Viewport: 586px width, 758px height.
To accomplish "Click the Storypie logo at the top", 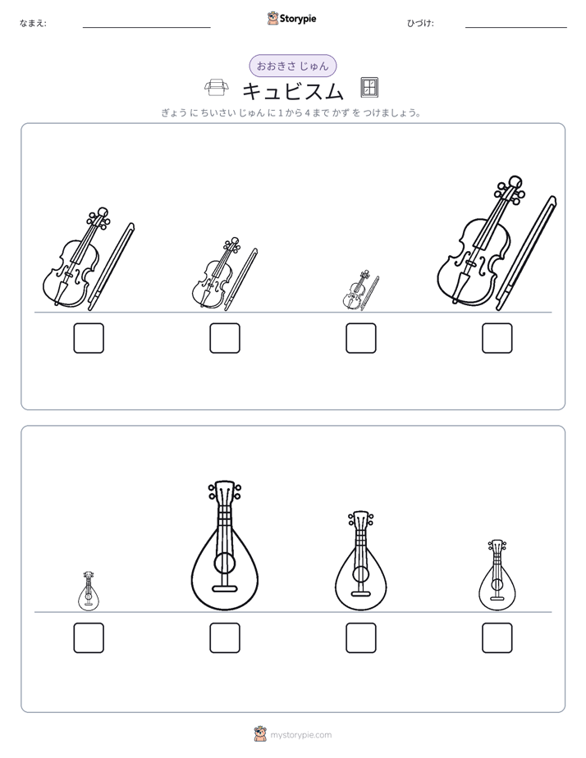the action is (x=291, y=18).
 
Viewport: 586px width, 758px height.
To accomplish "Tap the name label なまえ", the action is (x=33, y=23).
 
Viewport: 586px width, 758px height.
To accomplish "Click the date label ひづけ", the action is (x=420, y=23).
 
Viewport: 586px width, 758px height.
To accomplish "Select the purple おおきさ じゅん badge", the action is (x=292, y=66).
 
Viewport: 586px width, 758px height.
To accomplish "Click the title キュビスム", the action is (x=292, y=90).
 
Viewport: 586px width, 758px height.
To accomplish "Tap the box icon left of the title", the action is (x=215, y=89).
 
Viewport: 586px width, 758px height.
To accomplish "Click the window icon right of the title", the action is (x=369, y=88).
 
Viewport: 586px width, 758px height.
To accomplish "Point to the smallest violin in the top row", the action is (x=355, y=290).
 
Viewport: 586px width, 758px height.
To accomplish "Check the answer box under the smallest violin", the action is (x=360, y=338).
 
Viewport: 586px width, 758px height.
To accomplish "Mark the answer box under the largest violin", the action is (x=497, y=338).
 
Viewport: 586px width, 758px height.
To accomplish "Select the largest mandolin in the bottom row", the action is (x=224, y=545).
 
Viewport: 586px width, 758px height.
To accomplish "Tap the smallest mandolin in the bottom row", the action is (x=89, y=591).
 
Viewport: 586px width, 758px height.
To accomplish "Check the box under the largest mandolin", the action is (x=225, y=637).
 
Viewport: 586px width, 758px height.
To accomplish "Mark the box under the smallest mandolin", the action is (x=89, y=637).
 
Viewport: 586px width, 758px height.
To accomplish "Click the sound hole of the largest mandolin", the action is (x=224, y=564).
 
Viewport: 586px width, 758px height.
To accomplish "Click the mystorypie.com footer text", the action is (x=300, y=735).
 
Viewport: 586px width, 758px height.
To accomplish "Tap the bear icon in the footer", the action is (x=260, y=734).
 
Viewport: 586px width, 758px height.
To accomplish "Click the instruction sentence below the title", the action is (x=291, y=113).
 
